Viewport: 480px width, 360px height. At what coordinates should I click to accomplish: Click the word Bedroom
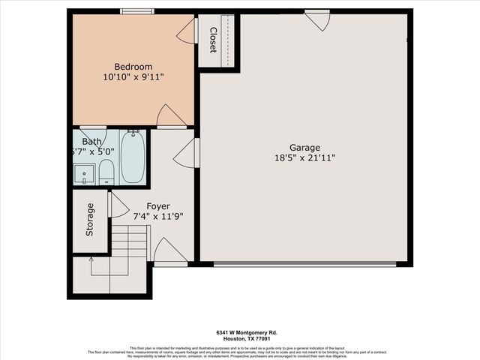tap(133, 64)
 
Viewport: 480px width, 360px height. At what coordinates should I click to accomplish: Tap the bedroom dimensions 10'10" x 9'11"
tap(133, 76)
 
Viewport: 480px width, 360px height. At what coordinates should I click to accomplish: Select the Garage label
tap(305, 147)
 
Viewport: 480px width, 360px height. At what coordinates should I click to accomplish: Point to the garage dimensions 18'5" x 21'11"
tap(305, 158)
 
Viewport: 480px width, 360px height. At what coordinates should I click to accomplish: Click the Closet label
tap(213, 40)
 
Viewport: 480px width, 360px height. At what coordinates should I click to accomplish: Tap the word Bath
tap(91, 141)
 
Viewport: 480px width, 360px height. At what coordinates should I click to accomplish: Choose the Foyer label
tap(157, 205)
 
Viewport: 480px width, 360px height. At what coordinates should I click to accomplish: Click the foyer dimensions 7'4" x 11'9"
tap(157, 217)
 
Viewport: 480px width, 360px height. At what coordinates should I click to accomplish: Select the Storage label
tap(90, 220)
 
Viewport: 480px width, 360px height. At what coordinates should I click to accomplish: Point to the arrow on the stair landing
tap(91, 262)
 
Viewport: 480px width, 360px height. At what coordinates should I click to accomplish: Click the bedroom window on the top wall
tap(133, 11)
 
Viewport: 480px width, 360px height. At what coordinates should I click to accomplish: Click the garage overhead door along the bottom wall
tap(304, 263)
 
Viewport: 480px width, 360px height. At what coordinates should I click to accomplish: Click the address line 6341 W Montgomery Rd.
tap(240, 332)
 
